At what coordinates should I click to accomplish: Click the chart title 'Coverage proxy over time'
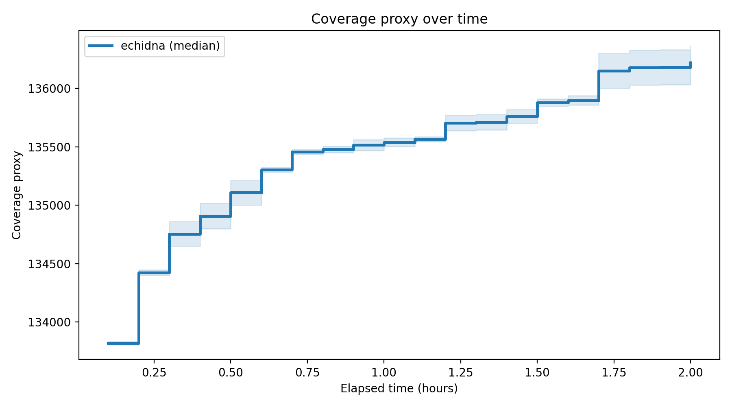pos(399,19)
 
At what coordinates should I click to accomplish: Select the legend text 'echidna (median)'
pos(170,46)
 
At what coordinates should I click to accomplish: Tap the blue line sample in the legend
pos(101,46)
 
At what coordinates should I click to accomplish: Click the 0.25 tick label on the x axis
pos(154,373)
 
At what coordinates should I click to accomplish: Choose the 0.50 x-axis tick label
pos(231,373)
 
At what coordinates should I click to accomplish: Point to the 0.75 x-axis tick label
pos(307,373)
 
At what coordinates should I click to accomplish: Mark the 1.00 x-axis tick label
pos(384,373)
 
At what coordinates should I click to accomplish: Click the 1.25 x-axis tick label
pos(460,373)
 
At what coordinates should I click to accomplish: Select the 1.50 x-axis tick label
pos(537,373)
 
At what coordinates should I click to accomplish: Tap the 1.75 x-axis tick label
pos(614,373)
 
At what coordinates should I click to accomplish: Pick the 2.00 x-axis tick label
pos(691,373)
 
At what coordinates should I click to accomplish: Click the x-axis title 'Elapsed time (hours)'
pos(399,389)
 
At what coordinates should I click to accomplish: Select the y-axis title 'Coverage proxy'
pos(16,195)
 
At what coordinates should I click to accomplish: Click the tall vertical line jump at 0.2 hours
pos(139,308)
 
